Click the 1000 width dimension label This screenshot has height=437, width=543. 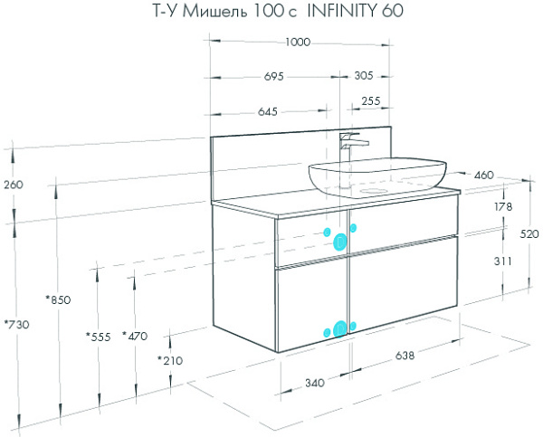[298, 43]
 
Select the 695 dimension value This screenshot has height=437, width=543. [273, 76]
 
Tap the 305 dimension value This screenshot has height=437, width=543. [364, 75]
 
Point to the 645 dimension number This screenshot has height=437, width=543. [268, 111]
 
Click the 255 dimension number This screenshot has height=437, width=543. [371, 100]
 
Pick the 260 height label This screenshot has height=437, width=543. [14, 185]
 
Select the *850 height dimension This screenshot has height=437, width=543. [58, 299]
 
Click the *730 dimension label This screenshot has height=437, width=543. [16, 325]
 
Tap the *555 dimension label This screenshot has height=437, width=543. [99, 337]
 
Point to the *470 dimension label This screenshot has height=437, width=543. [135, 336]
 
